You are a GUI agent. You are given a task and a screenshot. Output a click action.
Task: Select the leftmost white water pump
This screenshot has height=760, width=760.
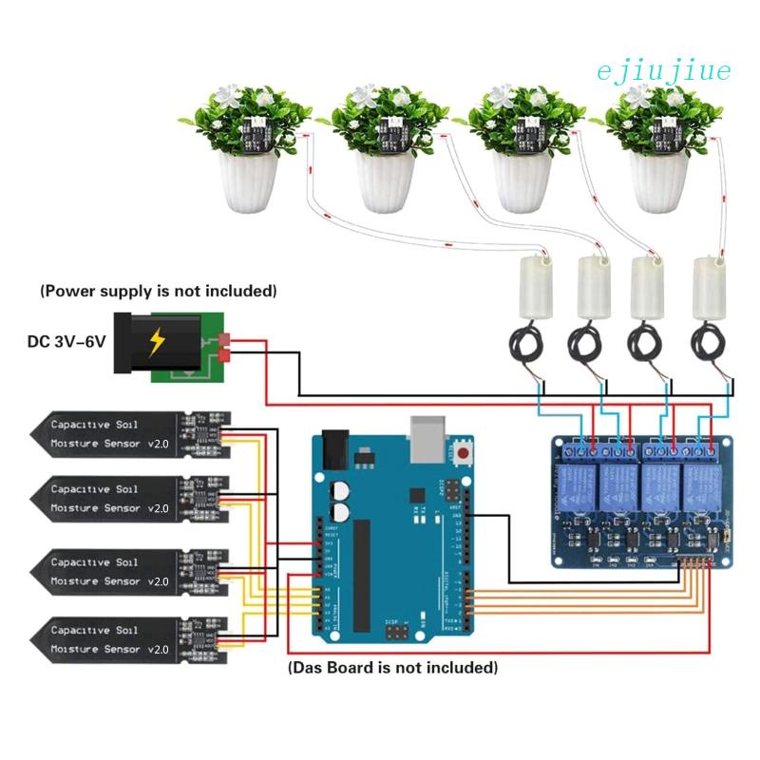532,285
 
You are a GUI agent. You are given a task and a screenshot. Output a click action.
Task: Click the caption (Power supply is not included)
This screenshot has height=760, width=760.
158,290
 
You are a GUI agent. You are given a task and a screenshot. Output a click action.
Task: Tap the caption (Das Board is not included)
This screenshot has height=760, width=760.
391,668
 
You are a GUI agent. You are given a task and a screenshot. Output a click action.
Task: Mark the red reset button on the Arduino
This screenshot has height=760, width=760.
464,454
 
